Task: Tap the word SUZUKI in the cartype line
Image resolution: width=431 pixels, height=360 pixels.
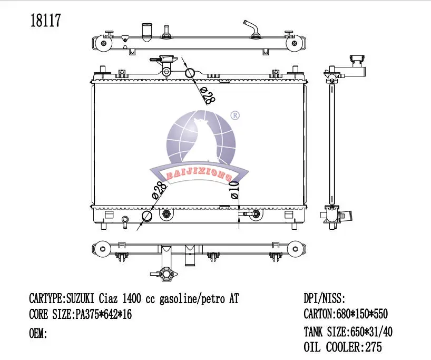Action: pyautogui.click(x=82, y=299)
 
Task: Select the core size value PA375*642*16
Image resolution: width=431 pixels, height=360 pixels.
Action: pyautogui.click(x=103, y=315)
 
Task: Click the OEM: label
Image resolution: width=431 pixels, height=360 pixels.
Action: pyautogui.click(x=37, y=334)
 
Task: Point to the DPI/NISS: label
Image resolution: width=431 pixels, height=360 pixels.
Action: pyautogui.click(x=325, y=299)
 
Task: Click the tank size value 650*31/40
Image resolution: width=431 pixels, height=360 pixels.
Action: pyautogui.click(x=370, y=332)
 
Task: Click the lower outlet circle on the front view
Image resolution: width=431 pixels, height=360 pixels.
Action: pyautogui.click(x=147, y=216)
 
